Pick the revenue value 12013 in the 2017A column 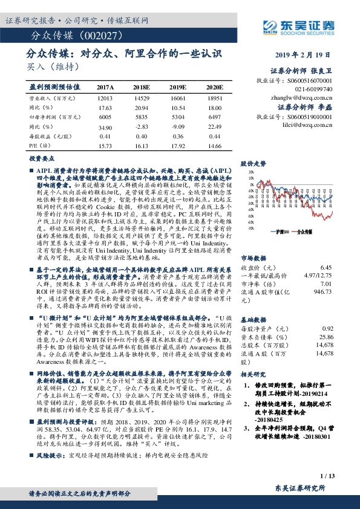(x=105, y=97)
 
